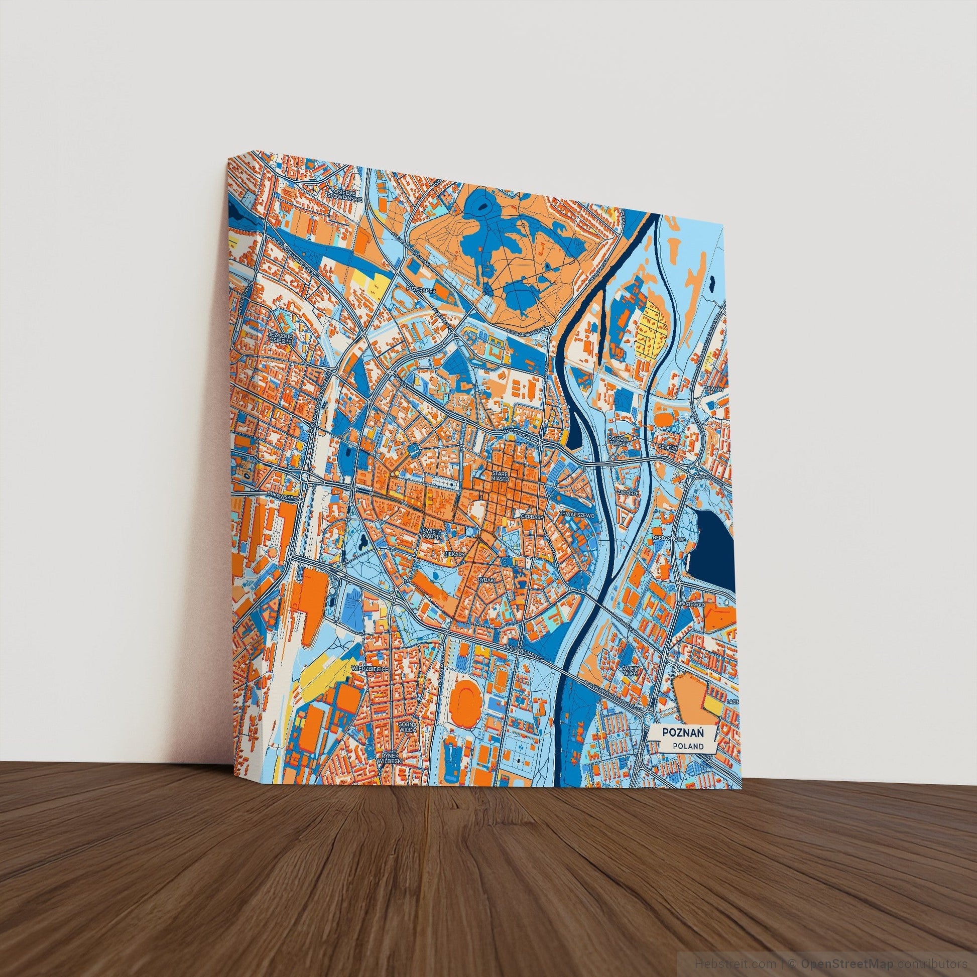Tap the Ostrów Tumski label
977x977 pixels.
coord(618,440)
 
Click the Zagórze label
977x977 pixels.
coord(626,492)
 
